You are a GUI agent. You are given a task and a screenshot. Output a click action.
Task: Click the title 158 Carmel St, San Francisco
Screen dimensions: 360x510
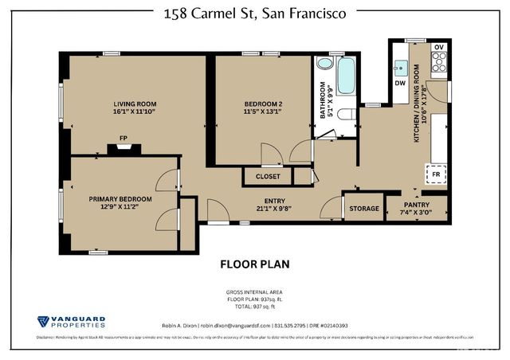click(x=254, y=14)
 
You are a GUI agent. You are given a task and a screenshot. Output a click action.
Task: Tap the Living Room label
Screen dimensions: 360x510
click(x=134, y=104)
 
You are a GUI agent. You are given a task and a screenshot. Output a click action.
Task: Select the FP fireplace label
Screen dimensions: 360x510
click(x=124, y=139)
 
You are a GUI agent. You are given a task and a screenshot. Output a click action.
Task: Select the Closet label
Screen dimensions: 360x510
click(x=268, y=176)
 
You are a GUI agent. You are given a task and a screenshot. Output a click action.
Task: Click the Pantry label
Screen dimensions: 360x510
click(x=418, y=205)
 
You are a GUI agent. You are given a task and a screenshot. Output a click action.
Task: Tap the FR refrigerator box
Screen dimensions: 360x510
click(x=436, y=174)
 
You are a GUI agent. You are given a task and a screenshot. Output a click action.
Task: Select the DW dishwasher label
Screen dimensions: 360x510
click(x=400, y=83)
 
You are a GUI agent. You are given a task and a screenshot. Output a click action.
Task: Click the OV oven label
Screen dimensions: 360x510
click(x=437, y=46)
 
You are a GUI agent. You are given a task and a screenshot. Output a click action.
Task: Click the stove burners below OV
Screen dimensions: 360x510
click(x=437, y=65)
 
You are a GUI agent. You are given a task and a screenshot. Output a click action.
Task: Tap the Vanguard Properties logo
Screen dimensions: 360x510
click(x=71, y=323)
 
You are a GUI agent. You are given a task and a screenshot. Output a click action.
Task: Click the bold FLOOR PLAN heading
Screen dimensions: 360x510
click(x=254, y=264)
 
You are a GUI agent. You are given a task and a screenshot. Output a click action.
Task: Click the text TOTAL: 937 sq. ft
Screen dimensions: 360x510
click(x=254, y=306)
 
